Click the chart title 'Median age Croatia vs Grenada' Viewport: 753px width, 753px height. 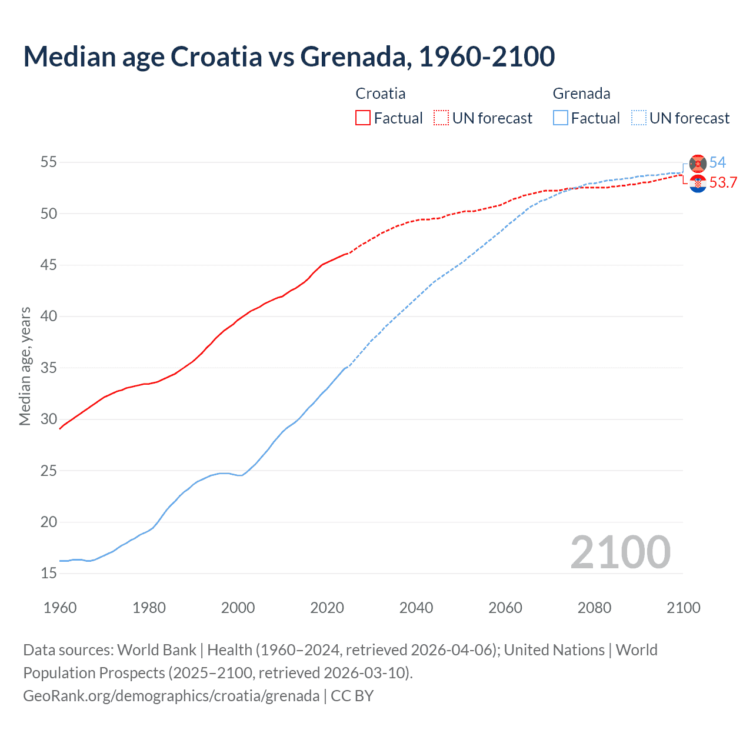point(289,57)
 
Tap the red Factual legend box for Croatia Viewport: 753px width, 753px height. point(363,118)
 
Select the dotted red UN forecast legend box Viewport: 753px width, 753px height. point(441,118)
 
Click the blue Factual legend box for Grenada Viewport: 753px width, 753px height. point(561,118)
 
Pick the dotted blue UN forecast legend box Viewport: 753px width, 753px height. point(639,118)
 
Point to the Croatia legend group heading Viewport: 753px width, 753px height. point(381,94)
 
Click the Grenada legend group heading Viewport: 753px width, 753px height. point(581,94)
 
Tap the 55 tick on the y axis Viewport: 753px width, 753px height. point(49,162)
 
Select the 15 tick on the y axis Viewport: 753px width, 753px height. point(49,573)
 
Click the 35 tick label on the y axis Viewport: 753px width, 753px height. point(49,368)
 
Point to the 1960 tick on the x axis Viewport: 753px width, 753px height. point(60,608)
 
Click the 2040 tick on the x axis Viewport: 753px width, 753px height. point(416,608)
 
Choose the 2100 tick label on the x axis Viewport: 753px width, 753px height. point(683,608)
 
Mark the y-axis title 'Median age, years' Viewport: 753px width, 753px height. point(25,366)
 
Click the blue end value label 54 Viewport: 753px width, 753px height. point(718,162)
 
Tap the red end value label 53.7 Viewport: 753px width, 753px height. point(723,183)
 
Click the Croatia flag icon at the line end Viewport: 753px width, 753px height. point(698,184)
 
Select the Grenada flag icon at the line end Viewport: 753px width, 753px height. point(698,163)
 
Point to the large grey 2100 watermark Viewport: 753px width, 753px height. point(621,552)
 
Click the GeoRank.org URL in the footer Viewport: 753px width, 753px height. point(171,696)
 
